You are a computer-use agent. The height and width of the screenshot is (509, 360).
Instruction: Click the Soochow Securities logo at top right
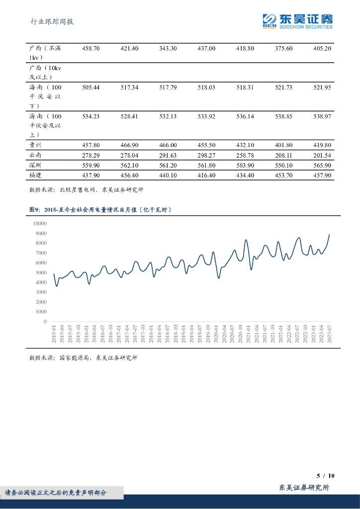click(x=297, y=20)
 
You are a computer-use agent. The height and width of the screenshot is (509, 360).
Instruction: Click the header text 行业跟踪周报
click(x=52, y=22)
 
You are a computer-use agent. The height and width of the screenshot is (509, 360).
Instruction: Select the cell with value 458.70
click(x=90, y=48)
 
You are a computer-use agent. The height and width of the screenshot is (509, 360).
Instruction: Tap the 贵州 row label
click(x=35, y=145)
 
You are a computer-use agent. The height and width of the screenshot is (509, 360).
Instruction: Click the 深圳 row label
click(x=35, y=165)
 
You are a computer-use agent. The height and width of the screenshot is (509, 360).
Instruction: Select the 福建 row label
click(x=35, y=175)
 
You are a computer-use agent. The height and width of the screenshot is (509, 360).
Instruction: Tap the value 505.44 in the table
click(x=90, y=87)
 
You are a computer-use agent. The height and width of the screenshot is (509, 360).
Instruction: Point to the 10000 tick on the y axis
click(x=39, y=224)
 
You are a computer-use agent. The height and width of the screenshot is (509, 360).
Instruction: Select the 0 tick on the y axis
click(x=45, y=322)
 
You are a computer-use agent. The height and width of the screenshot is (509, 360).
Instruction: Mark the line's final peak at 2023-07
click(x=329, y=235)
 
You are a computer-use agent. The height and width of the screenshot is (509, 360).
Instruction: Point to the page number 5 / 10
click(x=326, y=475)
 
